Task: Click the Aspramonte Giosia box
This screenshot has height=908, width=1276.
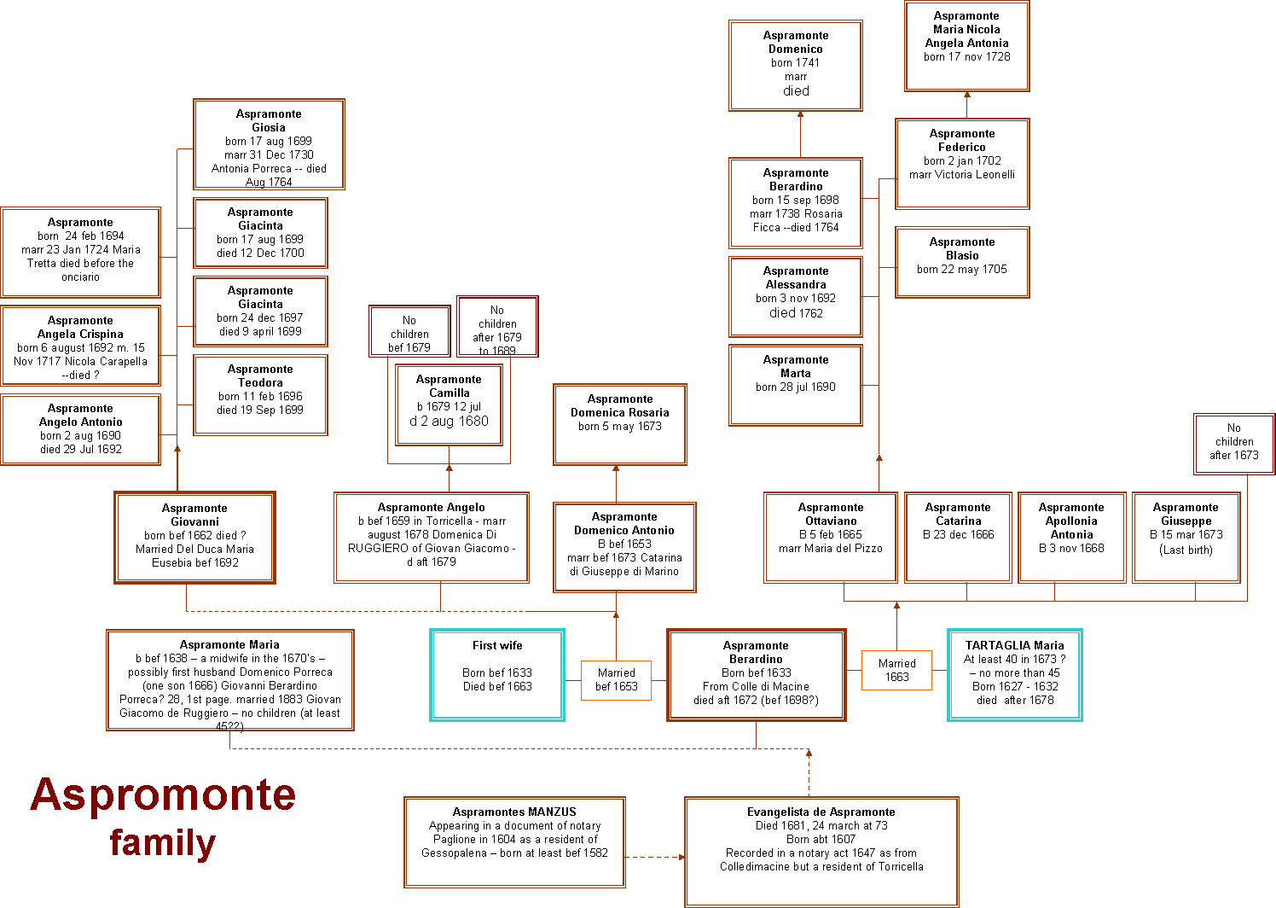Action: click(269, 144)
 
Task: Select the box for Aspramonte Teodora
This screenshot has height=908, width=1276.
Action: click(260, 395)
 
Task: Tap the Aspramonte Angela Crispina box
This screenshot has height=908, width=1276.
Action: click(80, 346)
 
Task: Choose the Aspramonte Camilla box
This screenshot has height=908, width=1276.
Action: click(449, 404)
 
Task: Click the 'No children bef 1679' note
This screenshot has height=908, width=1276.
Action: click(409, 331)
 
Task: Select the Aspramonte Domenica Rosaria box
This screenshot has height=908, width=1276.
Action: click(619, 424)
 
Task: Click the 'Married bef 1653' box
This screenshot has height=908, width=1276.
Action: click(616, 680)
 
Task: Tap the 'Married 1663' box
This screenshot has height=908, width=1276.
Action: click(896, 670)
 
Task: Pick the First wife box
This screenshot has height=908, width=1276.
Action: click(497, 675)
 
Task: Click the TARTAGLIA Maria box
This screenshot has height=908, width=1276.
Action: click(1014, 675)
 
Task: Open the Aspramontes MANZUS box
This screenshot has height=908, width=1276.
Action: click(514, 839)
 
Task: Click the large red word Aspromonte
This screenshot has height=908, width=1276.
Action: click(163, 794)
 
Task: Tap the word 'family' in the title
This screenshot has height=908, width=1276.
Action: click(163, 843)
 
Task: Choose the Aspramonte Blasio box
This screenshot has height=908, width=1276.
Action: click(962, 262)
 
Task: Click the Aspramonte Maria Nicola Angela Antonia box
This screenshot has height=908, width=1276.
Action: click(966, 46)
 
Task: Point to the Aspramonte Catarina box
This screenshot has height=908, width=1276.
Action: click(958, 537)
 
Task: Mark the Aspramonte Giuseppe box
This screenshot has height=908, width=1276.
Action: click(1186, 537)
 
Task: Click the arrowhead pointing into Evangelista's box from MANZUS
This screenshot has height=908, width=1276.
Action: click(681, 857)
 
